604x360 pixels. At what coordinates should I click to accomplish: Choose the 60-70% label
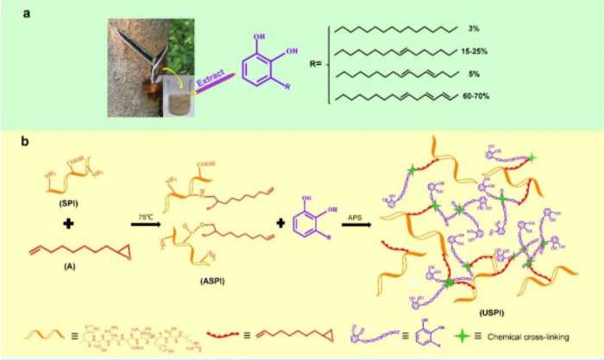[481, 97]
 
